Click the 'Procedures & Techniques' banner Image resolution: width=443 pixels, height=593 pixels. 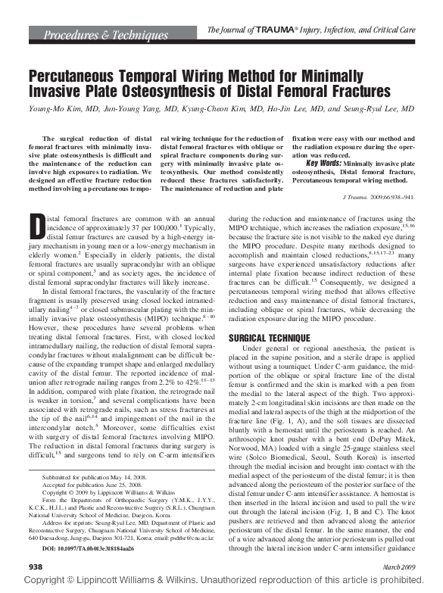point(105,35)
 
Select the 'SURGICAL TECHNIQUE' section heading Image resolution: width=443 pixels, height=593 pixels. point(268,336)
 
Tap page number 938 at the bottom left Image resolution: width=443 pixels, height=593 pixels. point(36,566)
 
